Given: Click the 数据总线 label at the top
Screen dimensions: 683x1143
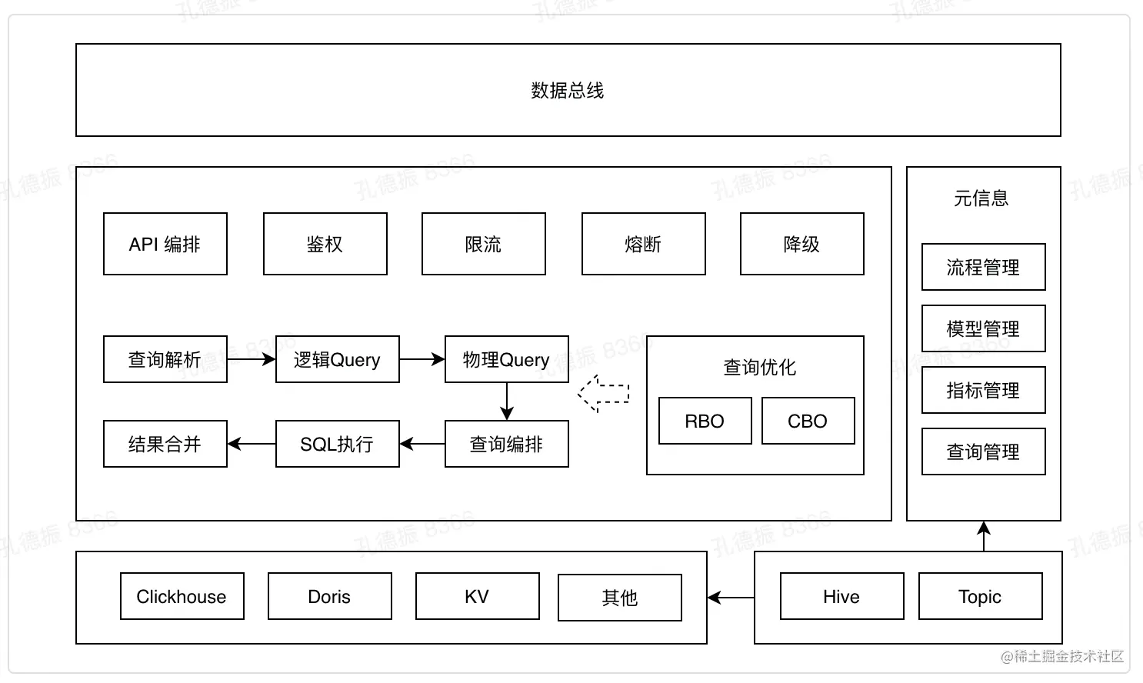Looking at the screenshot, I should pyautogui.click(x=568, y=91).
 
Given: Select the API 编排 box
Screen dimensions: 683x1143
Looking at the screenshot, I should pyautogui.click(x=165, y=244).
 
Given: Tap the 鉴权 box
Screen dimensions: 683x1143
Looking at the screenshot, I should pyautogui.click(x=325, y=244).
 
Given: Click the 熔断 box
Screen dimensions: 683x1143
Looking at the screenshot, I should pyautogui.click(x=643, y=244).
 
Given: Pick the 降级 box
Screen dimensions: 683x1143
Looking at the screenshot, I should pyautogui.click(x=801, y=244).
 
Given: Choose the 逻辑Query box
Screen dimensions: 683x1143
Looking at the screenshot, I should pyautogui.click(x=337, y=359).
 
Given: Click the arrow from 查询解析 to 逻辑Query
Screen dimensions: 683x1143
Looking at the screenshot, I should pyautogui.click(x=251, y=359).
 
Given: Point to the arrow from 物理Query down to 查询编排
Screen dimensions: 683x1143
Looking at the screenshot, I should pyautogui.click(x=507, y=401).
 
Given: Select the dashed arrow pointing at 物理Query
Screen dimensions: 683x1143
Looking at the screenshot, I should pyautogui.click(x=604, y=393).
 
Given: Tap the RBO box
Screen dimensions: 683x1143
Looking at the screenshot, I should pyautogui.click(x=705, y=421).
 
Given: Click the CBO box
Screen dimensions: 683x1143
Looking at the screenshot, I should pyautogui.click(x=808, y=421).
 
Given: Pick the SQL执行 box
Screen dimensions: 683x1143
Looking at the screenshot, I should pyautogui.click(x=337, y=444).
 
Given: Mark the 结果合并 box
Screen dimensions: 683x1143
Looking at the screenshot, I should pyautogui.click(x=165, y=444).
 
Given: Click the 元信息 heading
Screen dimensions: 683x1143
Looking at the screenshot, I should pyautogui.click(x=981, y=198).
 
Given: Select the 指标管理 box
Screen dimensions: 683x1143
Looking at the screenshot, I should pyautogui.click(x=983, y=390).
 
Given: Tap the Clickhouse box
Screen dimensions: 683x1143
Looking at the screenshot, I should pyautogui.click(x=182, y=596).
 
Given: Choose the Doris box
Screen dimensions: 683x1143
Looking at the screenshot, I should pyautogui.click(x=329, y=596).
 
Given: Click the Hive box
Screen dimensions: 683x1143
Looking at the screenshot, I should pyautogui.click(x=841, y=596).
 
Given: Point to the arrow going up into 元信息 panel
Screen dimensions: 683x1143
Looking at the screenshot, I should pyautogui.click(x=984, y=536).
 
